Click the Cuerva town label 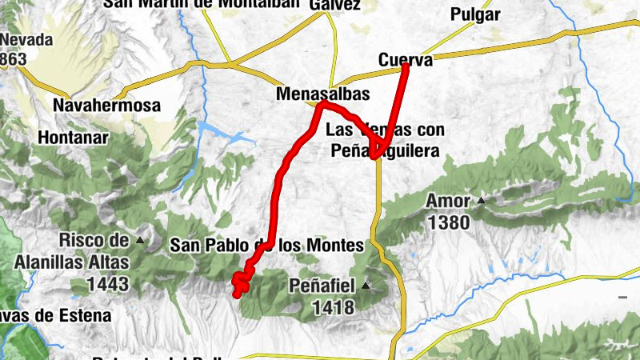[405, 60]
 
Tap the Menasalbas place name [322, 94]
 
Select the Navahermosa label [106, 105]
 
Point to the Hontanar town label [73, 137]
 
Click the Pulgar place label [475, 14]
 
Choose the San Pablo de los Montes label [266, 246]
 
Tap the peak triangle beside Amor [482, 200]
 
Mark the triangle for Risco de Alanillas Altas [141, 239]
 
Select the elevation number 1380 [448, 222]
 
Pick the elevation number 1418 [334, 306]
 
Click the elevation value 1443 [108, 282]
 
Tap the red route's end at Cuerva [406, 66]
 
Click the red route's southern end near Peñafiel [237, 294]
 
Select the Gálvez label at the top [334, 5]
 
